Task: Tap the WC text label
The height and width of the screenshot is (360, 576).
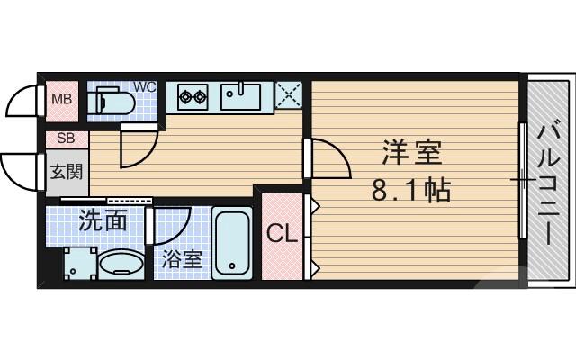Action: click(145, 87)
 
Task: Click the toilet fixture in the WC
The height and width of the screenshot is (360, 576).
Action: click(113, 101)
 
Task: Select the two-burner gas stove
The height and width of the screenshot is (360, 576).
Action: click(193, 94)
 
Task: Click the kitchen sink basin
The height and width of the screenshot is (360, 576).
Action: click(240, 94)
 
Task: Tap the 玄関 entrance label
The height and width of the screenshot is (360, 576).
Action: click(62, 171)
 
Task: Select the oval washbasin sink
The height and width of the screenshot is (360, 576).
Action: click(121, 265)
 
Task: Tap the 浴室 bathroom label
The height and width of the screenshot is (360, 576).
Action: click(182, 259)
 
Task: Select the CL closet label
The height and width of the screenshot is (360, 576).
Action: click(282, 235)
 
